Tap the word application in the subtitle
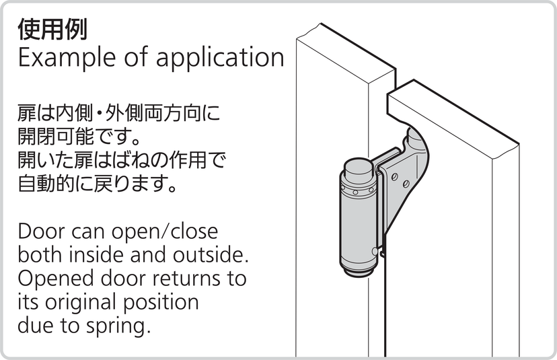[219, 58]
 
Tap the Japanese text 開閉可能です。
[77, 137]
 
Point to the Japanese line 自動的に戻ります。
[98, 184]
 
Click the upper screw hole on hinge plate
[394, 176]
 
